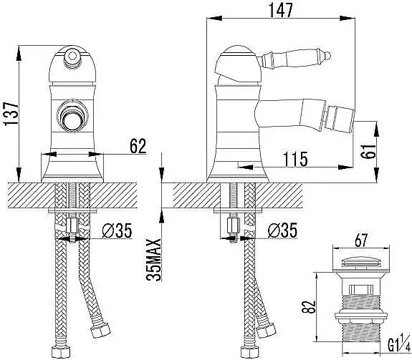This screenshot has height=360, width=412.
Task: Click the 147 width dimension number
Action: pyautogui.click(x=281, y=10)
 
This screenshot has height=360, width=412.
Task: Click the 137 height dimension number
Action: pyautogui.click(x=11, y=114)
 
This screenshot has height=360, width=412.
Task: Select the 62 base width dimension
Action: pyautogui.click(x=138, y=146)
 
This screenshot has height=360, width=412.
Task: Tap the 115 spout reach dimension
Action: pyautogui.click(x=295, y=159)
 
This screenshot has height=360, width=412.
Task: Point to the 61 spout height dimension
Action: pyautogui.click(x=368, y=152)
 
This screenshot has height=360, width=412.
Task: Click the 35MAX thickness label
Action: pyautogui.click(x=153, y=260)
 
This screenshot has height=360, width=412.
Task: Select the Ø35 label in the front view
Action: pyautogui.click(x=117, y=230)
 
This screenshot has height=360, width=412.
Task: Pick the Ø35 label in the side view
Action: pyautogui.click(x=282, y=230)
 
